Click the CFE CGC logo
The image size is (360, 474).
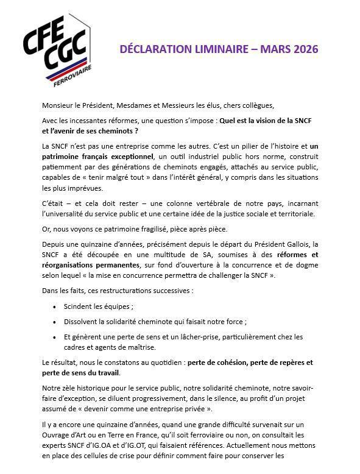(55, 49)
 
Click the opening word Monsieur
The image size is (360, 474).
(60, 105)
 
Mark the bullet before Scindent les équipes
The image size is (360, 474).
(55, 306)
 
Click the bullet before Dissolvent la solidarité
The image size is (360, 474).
(55, 322)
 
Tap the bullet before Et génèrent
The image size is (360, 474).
(55, 336)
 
